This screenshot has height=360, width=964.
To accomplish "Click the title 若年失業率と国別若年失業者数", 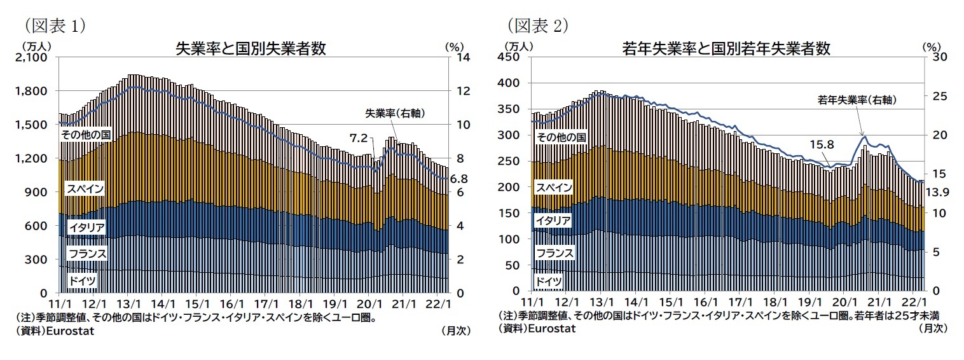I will point(726,49).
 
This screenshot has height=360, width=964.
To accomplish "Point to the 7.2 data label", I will point(359,137).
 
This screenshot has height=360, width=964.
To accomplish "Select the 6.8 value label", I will point(459,179).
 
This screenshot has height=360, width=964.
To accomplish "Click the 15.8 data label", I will point(821,144).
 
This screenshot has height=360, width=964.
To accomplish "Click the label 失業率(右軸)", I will point(395,114).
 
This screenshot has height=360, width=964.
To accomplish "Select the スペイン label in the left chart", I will point(85,189).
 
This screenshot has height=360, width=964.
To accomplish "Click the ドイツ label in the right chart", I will point(549,281).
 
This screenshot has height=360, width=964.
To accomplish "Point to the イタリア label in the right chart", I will point(553,220).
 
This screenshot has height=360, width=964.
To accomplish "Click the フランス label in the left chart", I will point(86,254).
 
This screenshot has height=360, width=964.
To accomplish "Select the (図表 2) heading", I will point(537,25).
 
